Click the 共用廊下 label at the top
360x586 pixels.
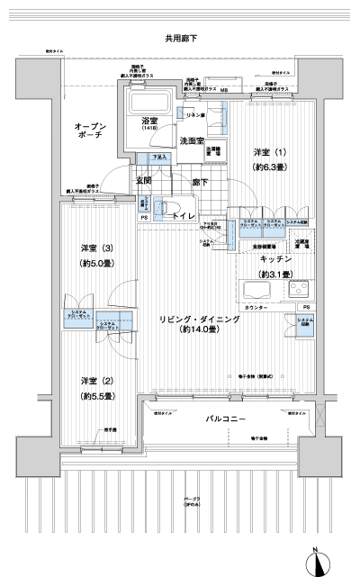point(180,39)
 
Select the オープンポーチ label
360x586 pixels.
point(91,133)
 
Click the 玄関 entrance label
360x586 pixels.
point(144,181)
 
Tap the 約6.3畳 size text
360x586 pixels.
point(271,167)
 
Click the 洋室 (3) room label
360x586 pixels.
point(95,248)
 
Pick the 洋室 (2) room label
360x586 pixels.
point(95,381)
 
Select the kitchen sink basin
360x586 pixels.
point(259,291)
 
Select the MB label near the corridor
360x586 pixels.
point(224,90)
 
